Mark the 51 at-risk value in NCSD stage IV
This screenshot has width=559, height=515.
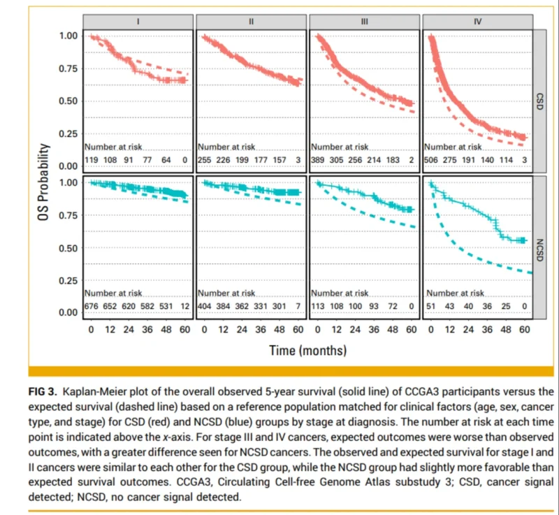[433, 306]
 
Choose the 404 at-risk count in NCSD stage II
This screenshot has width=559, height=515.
[206, 306]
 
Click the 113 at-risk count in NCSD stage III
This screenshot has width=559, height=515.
[319, 306]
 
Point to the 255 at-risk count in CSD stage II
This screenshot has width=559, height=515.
[206, 159]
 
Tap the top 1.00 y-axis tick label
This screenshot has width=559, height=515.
[68, 35]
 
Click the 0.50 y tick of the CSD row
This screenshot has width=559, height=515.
[68, 101]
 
